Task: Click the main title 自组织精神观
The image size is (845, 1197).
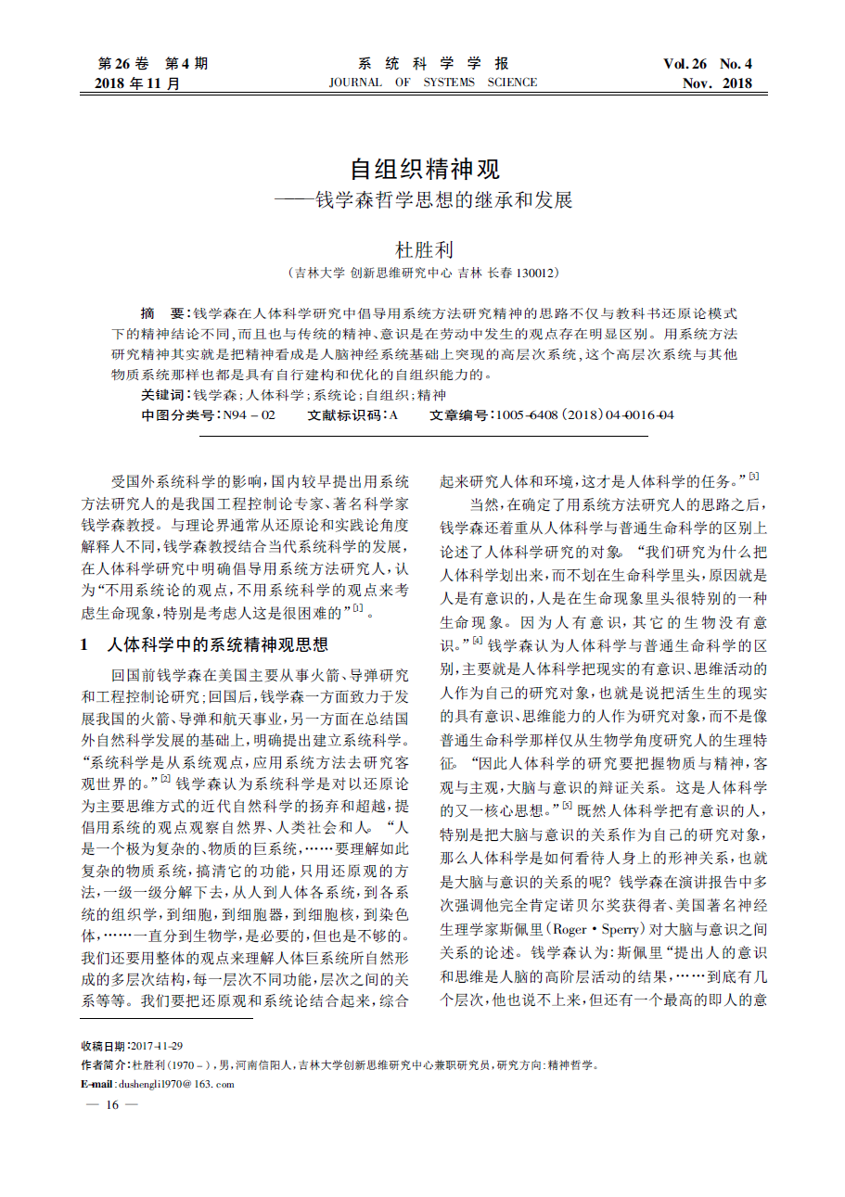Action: pos(425,170)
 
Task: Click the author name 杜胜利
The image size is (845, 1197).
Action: pos(424,250)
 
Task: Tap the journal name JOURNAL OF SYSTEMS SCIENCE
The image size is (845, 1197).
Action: pos(432,83)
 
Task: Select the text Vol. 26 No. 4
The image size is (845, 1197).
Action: pos(707,64)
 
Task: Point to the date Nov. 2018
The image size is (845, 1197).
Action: pos(717,83)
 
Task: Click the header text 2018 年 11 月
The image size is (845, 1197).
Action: pos(137,83)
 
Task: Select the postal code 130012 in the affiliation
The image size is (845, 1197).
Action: pos(532,274)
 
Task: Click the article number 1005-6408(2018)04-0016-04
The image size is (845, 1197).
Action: pos(585,415)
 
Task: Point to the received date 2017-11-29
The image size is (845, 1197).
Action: pos(156,1045)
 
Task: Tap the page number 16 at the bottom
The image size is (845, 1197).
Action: pos(111,1104)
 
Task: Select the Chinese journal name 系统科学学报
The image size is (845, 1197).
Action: pos(433,64)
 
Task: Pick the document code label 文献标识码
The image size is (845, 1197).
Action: pos(345,415)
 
